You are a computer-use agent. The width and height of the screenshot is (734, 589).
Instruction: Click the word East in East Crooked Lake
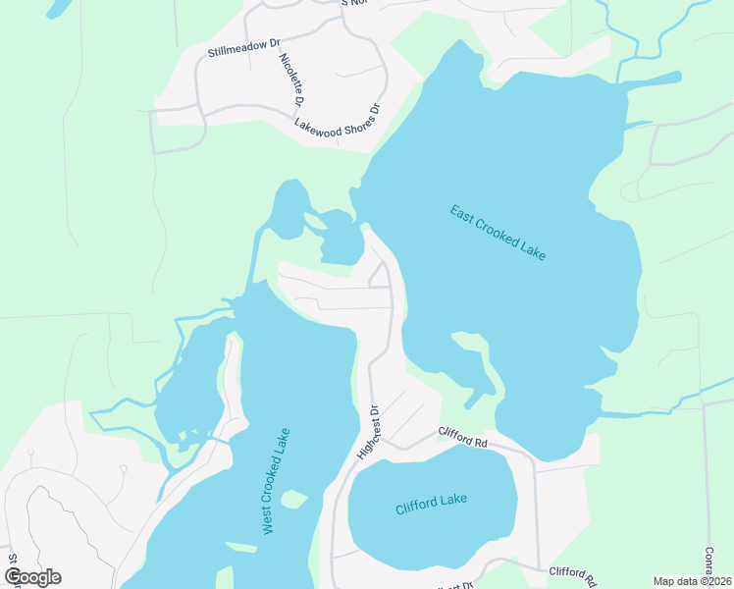click(461, 213)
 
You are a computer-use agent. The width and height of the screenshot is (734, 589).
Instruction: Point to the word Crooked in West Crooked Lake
click(276, 480)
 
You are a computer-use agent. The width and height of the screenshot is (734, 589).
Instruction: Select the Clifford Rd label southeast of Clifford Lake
click(572, 572)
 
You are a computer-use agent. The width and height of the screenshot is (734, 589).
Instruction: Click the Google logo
click(32, 577)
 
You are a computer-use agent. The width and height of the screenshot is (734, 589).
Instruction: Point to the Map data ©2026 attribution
click(693, 581)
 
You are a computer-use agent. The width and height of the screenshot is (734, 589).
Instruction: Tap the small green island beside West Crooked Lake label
click(292, 500)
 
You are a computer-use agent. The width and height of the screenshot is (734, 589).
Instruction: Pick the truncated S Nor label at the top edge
click(355, 3)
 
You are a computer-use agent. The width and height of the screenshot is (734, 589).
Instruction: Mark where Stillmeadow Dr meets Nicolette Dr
click(276, 41)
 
